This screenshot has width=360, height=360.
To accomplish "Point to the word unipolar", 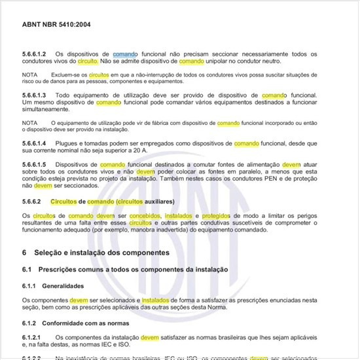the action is point(219,60).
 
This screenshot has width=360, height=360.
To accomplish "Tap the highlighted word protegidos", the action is point(215,215).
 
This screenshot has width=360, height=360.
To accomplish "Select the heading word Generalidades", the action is point(65,286).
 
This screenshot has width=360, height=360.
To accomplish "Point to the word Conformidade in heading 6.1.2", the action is point(69,323).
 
